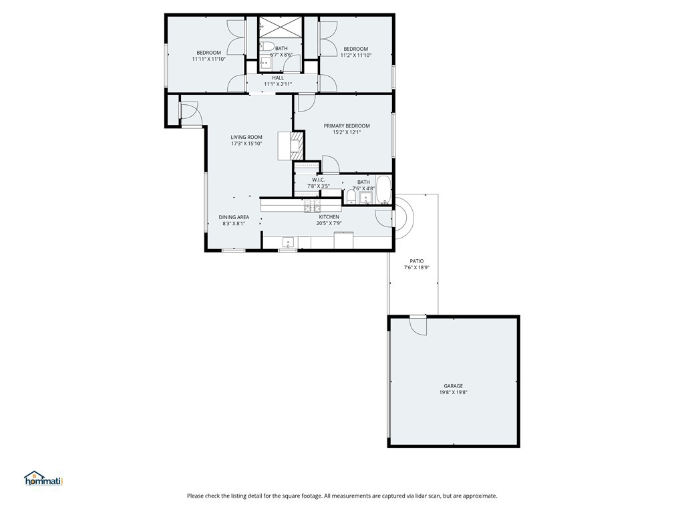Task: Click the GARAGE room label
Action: tap(454, 385)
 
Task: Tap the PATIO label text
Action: tap(416, 261)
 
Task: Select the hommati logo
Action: tap(43, 478)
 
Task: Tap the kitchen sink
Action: tap(287, 242)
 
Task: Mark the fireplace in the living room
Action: tap(298, 145)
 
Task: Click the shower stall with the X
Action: tap(281, 27)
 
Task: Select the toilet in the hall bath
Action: tap(267, 47)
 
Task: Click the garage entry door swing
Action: tap(417, 325)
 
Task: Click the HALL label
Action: tap(278, 77)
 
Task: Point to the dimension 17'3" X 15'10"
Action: tap(246, 144)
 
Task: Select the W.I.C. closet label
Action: tap(318, 179)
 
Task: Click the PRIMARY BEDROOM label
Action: tap(347, 126)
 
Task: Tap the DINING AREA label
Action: tap(234, 217)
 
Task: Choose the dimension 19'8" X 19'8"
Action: tap(454, 393)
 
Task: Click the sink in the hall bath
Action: tap(265, 64)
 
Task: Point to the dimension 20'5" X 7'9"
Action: tap(329, 224)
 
